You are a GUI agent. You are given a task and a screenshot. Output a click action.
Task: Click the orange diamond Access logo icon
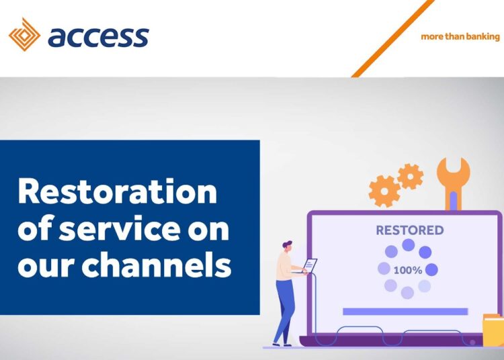pyautogui.click(x=24, y=35)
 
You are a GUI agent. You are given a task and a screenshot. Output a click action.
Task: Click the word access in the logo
pyautogui.click(x=98, y=36)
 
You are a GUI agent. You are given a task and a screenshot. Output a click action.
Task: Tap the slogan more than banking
pyautogui.click(x=460, y=36)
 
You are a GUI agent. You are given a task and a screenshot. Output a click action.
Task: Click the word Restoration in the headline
pyautogui.click(x=118, y=193)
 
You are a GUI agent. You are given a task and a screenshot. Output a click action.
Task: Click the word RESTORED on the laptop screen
pyautogui.click(x=409, y=230)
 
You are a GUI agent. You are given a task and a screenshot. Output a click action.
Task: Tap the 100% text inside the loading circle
pyautogui.click(x=408, y=271)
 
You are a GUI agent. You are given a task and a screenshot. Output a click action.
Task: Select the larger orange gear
pyautogui.click(x=384, y=191)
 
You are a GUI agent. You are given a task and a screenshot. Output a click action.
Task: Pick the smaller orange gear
pyautogui.click(x=410, y=176)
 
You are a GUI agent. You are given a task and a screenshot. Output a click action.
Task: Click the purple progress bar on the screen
pyautogui.click(x=405, y=311)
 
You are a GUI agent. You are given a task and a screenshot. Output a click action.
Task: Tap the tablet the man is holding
pyautogui.click(x=310, y=265)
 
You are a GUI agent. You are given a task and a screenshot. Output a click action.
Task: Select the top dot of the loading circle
pyautogui.click(x=408, y=245)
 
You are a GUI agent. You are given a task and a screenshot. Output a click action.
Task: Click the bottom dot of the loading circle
pyautogui.click(x=407, y=293)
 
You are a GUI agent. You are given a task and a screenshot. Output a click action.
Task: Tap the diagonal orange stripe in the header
pyautogui.click(x=392, y=38)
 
